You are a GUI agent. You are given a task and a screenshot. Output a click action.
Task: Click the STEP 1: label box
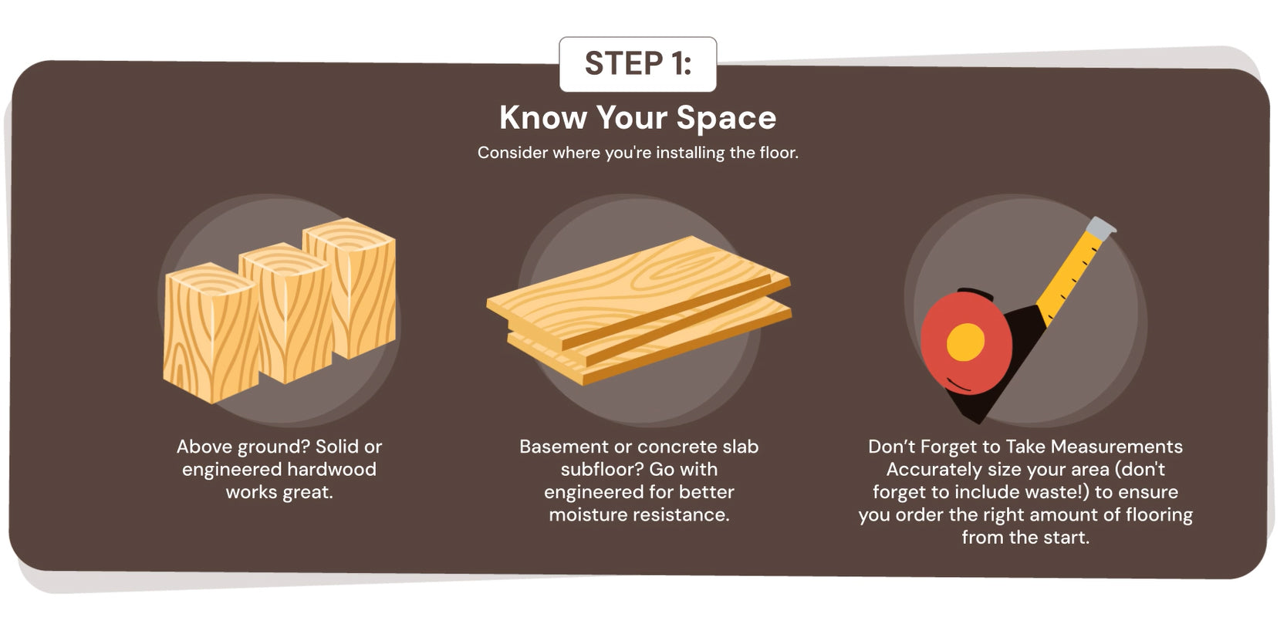tap(638, 64)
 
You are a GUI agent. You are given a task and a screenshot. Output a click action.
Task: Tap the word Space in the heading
tap(726, 118)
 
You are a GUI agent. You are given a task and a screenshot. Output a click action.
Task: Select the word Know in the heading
tap(543, 117)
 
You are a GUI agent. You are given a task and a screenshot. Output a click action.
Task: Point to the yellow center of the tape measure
tap(965, 342)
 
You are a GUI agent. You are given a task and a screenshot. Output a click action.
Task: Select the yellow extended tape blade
tap(1070, 275)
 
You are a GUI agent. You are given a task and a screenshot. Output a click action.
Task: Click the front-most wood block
tap(211, 333)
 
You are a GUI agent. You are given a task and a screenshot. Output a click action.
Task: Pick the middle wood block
tap(286, 313)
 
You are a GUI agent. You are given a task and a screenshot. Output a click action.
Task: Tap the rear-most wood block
tap(350, 287)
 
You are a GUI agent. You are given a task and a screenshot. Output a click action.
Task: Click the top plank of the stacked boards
tap(638, 290)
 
